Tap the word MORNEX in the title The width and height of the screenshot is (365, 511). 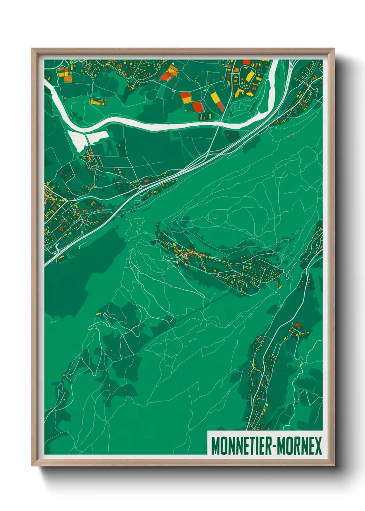(x=299, y=446)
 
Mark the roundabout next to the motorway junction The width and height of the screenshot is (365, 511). (x=140, y=188)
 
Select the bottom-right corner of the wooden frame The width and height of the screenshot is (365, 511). (x=334, y=465)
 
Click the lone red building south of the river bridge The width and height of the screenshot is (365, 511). (x=227, y=134)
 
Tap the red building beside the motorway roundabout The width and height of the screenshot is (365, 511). (x=146, y=181)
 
